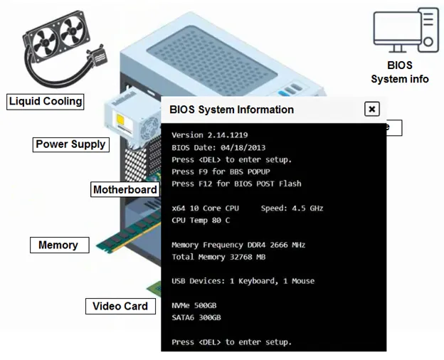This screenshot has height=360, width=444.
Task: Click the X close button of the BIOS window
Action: point(372,109)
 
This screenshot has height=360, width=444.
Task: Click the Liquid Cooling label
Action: point(46,102)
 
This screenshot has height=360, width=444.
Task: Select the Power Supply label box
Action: point(70,144)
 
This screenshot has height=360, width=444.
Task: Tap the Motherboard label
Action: point(125,189)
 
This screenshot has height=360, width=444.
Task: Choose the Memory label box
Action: point(60,245)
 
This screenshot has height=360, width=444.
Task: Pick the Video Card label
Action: point(120,306)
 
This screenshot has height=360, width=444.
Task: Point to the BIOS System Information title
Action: point(232,110)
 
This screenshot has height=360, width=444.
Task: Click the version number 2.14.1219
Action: point(228,135)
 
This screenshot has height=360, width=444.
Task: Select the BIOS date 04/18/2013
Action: point(243,147)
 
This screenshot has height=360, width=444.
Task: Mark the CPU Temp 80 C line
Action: point(201,221)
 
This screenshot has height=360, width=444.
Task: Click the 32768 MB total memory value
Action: point(248,257)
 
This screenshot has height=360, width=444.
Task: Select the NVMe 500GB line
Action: point(194,306)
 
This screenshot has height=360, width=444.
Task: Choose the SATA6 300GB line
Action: point(196,317)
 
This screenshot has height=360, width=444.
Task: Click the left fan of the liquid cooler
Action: point(45,43)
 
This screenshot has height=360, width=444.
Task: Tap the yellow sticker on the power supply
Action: point(121,120)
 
